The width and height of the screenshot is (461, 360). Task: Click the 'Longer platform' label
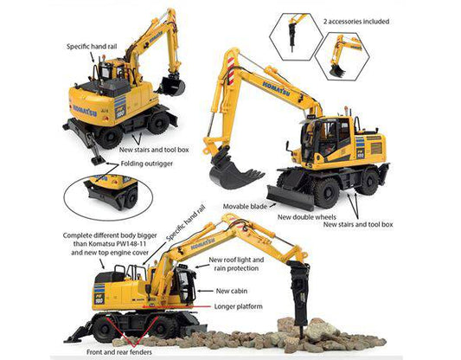click(x=241, y=306)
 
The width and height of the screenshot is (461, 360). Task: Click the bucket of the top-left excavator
click(x=172, y=85)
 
